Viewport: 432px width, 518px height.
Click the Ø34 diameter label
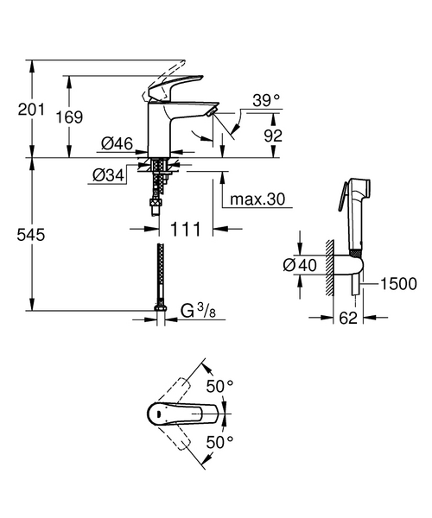pos(108,176)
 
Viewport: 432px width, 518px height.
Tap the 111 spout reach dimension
pos(186,229)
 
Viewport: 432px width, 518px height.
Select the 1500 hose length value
pos(399,284)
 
